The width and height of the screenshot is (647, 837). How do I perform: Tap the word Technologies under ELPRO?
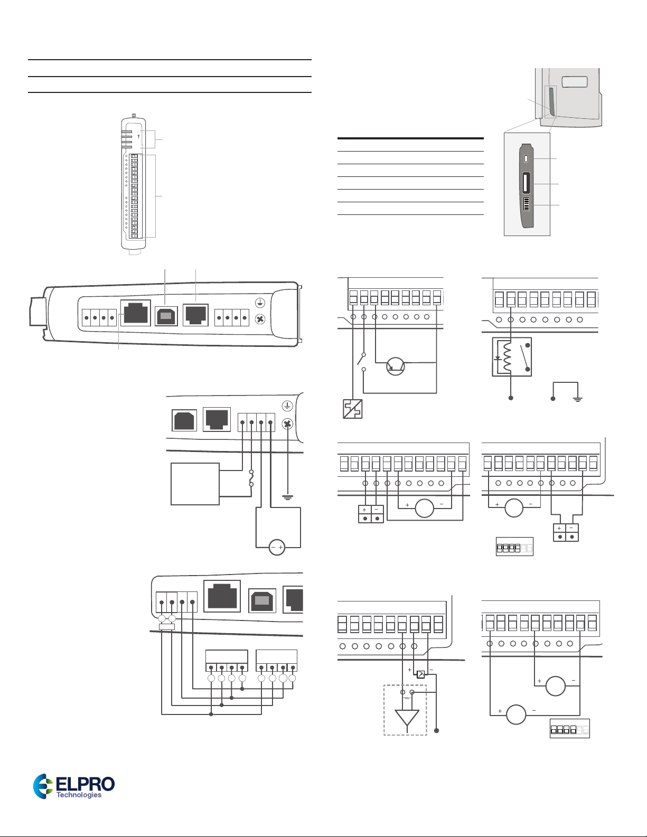[79, 795]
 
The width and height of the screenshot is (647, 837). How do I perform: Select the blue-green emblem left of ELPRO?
[43, 786]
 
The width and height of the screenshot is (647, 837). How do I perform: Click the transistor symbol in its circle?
[396, 366]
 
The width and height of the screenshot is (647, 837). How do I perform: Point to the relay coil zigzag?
[507, 357]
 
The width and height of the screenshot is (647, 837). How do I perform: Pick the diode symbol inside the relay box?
[498, 358]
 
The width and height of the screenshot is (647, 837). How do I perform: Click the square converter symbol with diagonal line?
[353, 409]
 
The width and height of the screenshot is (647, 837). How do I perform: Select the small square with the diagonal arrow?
[420, 674]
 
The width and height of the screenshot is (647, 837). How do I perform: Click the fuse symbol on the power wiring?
[251, 477]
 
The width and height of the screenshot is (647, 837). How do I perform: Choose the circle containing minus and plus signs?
[277, 547]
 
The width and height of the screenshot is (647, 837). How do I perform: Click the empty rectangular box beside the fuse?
[195, 484]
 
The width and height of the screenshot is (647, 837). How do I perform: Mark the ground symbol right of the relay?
[577, 399]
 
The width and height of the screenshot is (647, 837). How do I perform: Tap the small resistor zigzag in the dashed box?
[407, 698]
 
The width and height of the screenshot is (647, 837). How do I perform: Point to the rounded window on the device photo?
[575, 82]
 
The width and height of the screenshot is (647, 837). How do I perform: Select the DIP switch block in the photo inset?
[526, 204]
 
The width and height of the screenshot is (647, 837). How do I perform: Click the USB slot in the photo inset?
[526, 183]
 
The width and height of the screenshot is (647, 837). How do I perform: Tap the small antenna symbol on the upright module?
[138, 136]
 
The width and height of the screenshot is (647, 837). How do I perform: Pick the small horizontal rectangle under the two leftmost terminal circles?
[167, 627]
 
